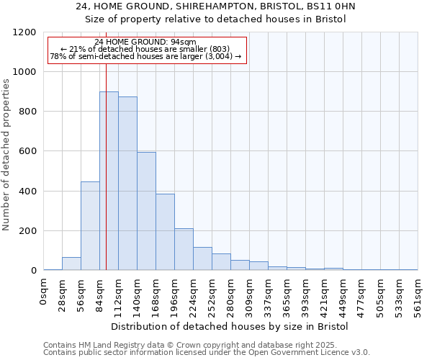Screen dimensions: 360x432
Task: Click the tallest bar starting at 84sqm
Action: coord(109,181)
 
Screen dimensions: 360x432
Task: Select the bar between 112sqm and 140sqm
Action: coord(127,184)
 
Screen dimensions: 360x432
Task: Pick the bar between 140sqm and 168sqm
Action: coord(146,212)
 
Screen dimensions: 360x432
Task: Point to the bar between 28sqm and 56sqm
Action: coord(71,264)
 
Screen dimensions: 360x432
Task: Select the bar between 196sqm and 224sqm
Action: coord(184,250)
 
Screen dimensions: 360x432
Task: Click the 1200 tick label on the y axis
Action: coord(24,32)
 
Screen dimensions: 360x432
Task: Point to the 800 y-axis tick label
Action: coord(27,112)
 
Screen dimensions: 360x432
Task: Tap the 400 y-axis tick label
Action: coord(27,192)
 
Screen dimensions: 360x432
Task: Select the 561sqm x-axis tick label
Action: coord(418,296)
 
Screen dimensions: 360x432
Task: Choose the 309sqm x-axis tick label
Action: coord(250,296)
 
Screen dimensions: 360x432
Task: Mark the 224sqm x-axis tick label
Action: coord(194,296)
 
